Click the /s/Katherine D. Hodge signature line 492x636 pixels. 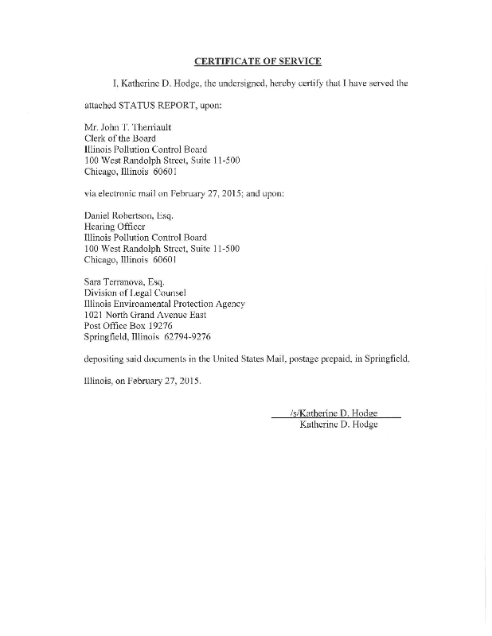334,413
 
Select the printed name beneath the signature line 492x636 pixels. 338,425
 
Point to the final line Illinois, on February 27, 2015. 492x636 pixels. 143,382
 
